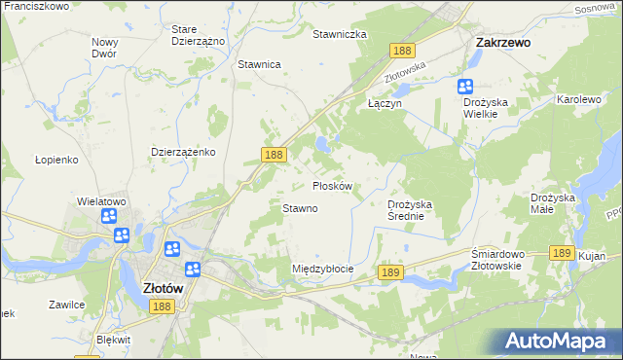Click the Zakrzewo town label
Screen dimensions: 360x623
(502, 43)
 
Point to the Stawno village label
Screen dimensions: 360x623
(300, 208)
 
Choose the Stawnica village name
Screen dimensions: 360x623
(259, 64)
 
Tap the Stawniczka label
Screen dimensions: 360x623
(339, 34)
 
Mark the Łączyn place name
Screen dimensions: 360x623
(385, 101)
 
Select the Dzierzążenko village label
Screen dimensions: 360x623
(183, 153)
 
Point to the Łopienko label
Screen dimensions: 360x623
(55, 160)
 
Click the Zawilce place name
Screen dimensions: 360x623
(66, 305)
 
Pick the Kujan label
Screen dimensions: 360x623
(590, 255)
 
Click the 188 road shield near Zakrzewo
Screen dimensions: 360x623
(400, 50)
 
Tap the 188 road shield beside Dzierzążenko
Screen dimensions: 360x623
(274, 155)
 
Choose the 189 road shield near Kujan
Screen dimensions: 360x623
(560, 252)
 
